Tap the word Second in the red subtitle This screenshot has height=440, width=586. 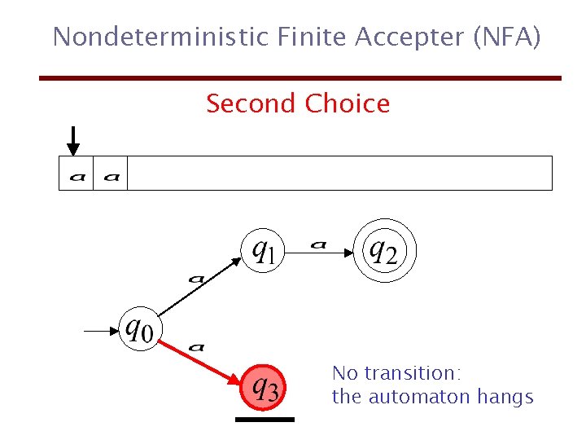pyautogui.click(x=251, y=104)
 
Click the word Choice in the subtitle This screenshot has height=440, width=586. pyautogui.click(x=348, y=104)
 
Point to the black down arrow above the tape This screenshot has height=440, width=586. pyautogui.click(x=73, y=140)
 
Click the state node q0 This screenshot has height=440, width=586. pyautogui.click(x=139, y=331)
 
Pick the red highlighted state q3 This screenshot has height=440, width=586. pyautogui.click(x=264, y=386)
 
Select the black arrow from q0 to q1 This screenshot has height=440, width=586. pyautogui.click(x=200, y=288)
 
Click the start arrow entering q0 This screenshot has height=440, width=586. pyautogui.click(x=102, y=331)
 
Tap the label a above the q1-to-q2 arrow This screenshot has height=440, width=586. pyautogui.click(x=318, y=243)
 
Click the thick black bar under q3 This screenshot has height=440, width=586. pyautogui.click(x=264, y=420)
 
